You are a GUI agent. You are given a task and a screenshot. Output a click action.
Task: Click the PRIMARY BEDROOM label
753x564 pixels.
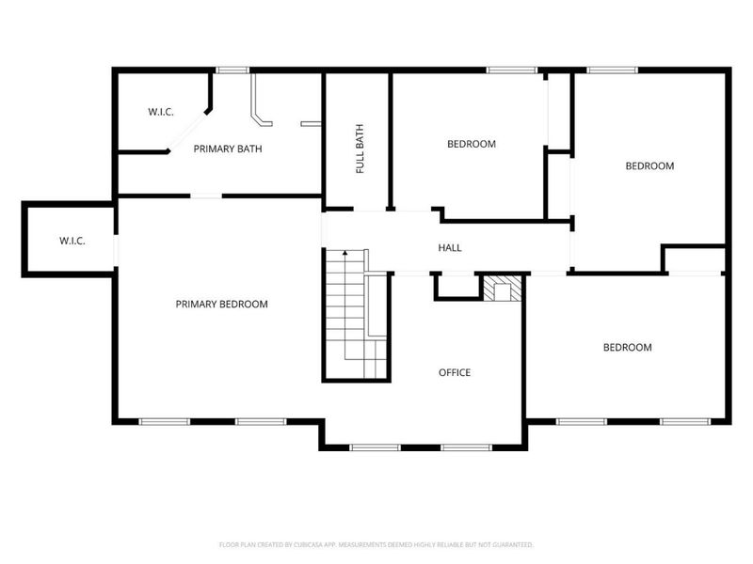[221, 304]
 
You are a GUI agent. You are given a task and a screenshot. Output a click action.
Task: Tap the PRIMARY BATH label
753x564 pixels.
[228, 149]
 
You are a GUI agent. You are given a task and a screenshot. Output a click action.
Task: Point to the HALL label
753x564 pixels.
[450, 248]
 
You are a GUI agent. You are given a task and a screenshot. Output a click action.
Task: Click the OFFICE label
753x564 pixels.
[455, 372]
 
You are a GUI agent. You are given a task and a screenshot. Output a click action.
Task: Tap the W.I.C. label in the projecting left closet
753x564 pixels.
[72, 241]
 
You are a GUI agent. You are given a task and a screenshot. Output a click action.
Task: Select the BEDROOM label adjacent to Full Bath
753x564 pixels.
[471, 144]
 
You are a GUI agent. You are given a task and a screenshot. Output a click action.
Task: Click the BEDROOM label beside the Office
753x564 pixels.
[627, 347]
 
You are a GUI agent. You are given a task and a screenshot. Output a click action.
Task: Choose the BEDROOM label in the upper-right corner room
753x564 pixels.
[649, 165]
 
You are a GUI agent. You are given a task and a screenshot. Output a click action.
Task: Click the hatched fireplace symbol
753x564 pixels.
[501, 289]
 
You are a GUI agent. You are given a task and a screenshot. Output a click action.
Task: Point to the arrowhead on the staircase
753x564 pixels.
[345, 253]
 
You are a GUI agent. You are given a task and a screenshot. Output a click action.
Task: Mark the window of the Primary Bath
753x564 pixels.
[232, 70]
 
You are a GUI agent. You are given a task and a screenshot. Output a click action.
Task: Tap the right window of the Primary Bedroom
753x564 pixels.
[261, 421]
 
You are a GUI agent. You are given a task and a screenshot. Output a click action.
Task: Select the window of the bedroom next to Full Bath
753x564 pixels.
[511, 70]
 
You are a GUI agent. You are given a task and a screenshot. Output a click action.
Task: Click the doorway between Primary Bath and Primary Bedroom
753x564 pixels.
[206, 196]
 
